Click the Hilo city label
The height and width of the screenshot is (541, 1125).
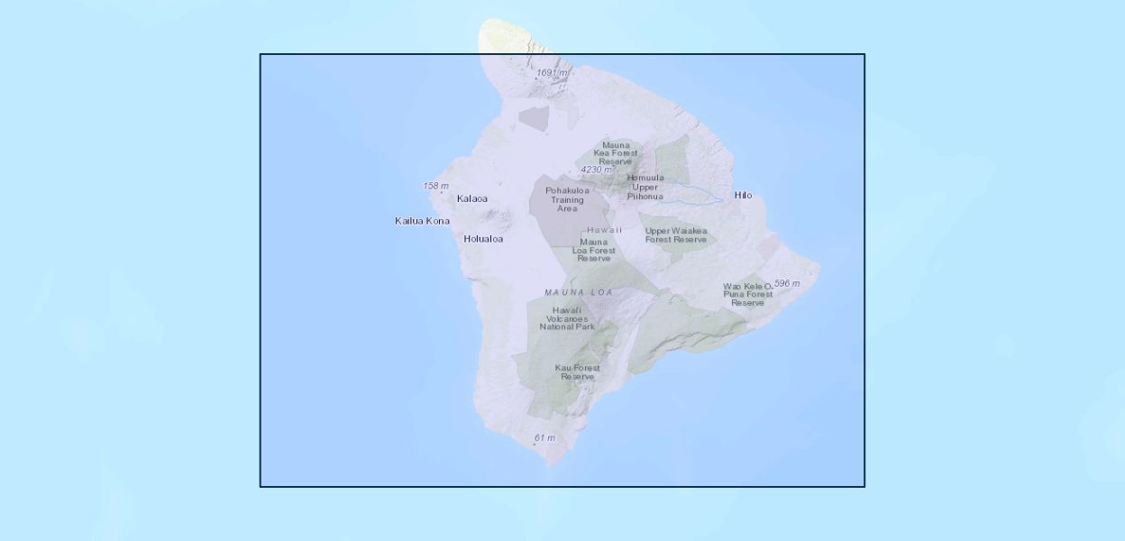(743, 196)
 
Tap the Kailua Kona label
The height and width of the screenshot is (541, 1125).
(422, 221)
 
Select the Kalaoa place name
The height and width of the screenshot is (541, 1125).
(472, 199)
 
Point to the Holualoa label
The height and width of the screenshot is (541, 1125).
(483, 239)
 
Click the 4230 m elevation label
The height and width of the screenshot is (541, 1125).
(597, 170)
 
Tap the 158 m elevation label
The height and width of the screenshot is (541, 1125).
(435, 186)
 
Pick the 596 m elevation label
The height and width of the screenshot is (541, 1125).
(787, 283)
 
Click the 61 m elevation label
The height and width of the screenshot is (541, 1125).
(544, 438)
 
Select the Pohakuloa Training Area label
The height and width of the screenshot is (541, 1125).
(567, 199)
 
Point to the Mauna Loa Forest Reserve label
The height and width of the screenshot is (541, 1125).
(594, 250)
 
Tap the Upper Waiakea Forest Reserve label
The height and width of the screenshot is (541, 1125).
(676, 235)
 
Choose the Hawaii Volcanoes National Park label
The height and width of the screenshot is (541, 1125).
(567, 318)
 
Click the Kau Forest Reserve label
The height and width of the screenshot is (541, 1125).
(578, 371)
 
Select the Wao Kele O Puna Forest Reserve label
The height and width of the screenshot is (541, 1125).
(747, 295)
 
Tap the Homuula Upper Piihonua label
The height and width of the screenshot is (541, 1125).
(645, 187)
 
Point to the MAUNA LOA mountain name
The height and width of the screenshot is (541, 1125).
(579, 292)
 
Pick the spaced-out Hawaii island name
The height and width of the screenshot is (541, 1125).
(604, 230)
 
